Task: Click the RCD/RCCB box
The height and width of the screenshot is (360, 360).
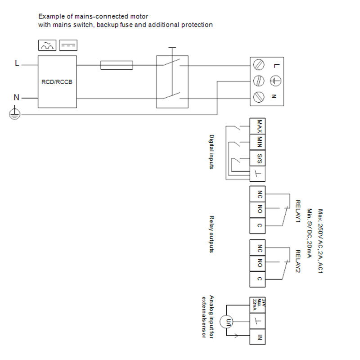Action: pos(57,82)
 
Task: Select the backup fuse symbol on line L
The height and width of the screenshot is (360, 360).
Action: pos(116,65)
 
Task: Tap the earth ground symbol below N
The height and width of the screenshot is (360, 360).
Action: pos(15,114)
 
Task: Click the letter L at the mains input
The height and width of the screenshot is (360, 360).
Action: pos(17,63)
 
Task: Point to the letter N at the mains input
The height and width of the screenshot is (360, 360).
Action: pos(17,97)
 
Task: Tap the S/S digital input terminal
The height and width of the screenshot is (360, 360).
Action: pos(259,158)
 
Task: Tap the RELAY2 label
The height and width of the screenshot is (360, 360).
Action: pos(297,261)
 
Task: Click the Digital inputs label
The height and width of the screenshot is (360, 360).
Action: pos(212,151)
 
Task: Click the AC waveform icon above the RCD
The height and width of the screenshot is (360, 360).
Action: pos(47,45)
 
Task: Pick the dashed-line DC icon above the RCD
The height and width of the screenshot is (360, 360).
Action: pos(67,45)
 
